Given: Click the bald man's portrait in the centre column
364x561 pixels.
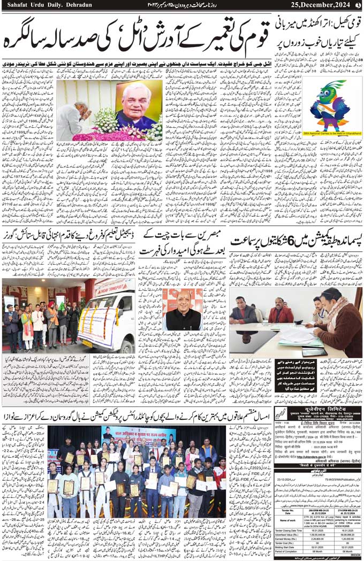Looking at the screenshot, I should pyautogui.click(x=182, y=310).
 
